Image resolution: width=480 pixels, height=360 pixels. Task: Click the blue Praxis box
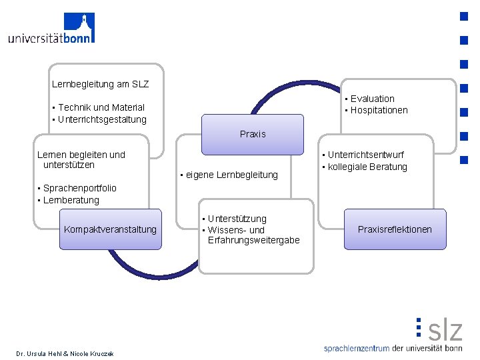252,134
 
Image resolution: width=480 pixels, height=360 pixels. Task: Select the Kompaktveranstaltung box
110,229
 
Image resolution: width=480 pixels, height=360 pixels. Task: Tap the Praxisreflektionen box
395,229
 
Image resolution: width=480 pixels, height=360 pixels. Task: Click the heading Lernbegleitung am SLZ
100,85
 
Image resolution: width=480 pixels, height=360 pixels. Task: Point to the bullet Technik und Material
101,107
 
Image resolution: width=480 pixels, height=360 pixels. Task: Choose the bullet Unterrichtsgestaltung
102,119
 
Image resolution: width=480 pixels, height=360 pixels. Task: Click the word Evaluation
372,99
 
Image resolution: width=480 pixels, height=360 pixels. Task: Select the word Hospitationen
379,110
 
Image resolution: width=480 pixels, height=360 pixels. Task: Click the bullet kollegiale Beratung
367,167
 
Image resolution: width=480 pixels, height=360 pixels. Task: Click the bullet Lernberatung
71,200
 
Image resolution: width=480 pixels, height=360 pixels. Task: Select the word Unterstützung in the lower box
237,219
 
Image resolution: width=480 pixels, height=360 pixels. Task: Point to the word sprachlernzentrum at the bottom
356,348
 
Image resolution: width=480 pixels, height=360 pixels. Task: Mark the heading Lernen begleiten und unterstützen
81,159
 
